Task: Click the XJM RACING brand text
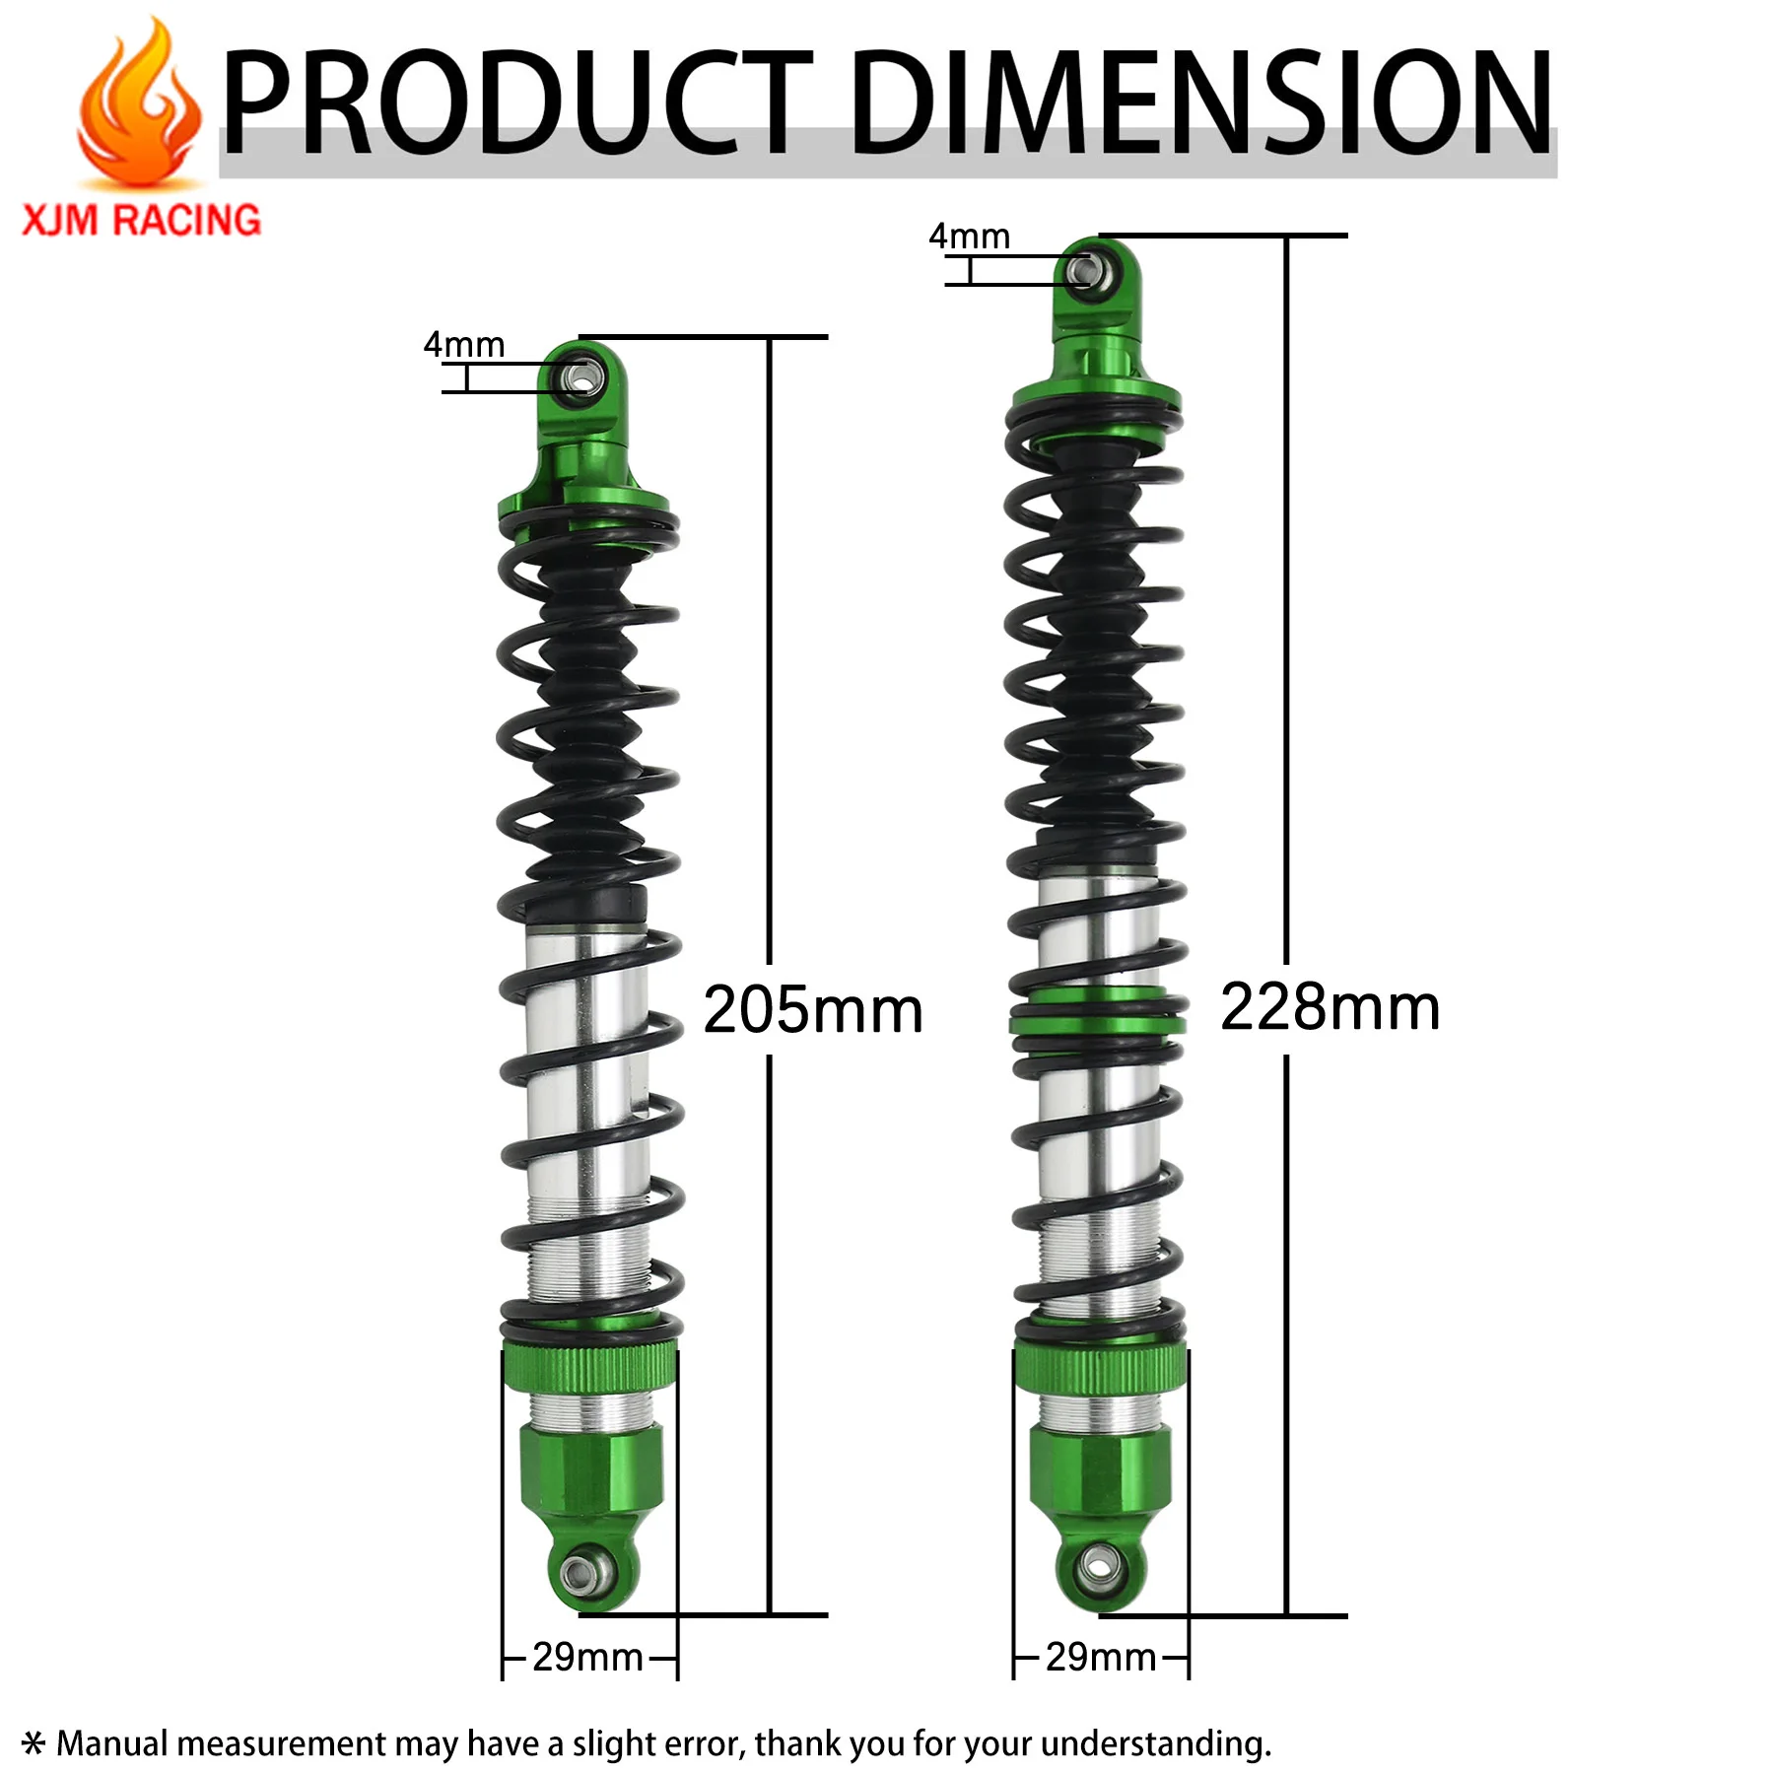click(141, 220)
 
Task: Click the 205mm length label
click(813, 1010)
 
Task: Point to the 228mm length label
click(1330, 1007)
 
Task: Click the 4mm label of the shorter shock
click(463, 345)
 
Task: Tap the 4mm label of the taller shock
click(969, 237)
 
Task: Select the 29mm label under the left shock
click(587, 1657)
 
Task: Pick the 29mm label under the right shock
click(1101, 1657)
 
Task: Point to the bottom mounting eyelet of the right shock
click(1098, 1564)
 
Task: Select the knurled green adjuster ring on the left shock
click(589, 1368)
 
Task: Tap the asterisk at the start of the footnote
click(34, 1742)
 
